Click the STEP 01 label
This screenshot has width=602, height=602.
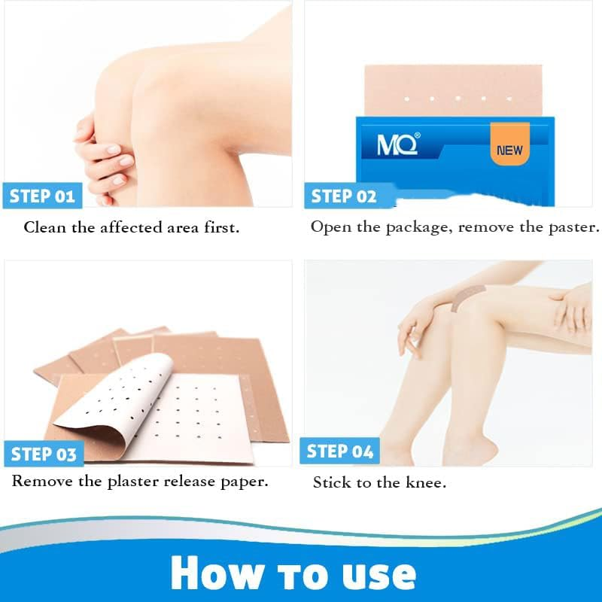tap(42, 196)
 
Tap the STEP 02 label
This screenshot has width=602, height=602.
tap(344, 196)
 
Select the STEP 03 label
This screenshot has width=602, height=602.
tap(44, 455)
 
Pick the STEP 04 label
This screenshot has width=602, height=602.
tap(340, 451)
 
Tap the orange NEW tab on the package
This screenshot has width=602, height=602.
tap(509, 149)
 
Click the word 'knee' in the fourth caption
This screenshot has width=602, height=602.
tap(425, 483)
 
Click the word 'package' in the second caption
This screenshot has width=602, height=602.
tap(417, 227)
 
